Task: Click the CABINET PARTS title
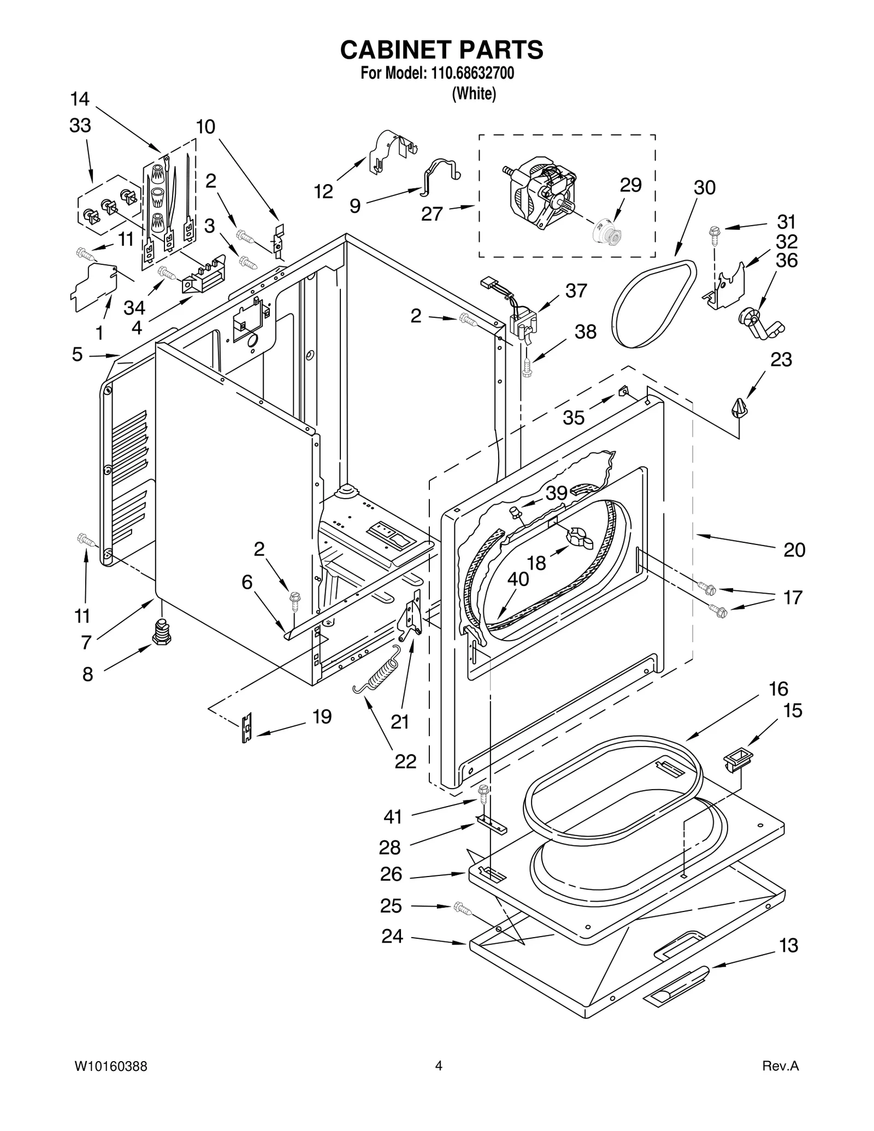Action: point(441,50)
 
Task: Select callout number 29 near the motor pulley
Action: point(630,186)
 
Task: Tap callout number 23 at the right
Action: point(781,360)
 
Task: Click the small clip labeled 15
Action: point(737,758)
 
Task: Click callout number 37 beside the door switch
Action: point(576,291)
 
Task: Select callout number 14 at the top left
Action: point(80,99)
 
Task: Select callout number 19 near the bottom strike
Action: point(322,717)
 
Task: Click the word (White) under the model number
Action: point(474,94)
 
